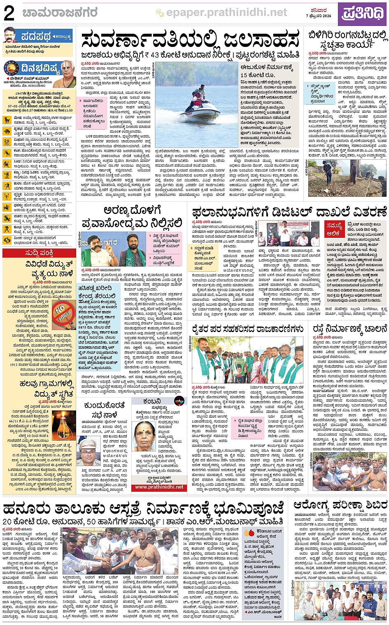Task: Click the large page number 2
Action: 9,14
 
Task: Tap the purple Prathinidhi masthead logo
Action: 363,14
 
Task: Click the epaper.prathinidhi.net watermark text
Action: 226,13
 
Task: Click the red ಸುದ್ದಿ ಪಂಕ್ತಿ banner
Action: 39,253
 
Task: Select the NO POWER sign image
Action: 65,311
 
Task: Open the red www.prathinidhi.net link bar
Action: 159,487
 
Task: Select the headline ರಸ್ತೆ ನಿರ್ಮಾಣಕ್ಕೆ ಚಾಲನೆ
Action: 349,329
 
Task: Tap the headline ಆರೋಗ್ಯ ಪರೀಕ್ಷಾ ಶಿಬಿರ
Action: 340,505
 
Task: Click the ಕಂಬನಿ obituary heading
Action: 152,402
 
